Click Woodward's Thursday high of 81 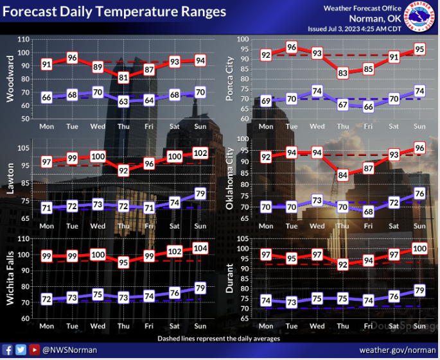coord(123,78)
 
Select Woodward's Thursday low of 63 coord(123,101)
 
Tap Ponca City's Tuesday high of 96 coord(292,47)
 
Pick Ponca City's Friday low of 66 coord(369,107)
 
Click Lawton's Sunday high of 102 coord(200,153)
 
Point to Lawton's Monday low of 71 coord(46,208)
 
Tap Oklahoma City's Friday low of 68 coord(369,211)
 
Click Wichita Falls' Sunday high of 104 coord(200,248)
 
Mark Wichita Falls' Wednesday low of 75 coord(98,295)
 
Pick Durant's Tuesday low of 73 coord(292,302)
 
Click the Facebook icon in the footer coord(8,350)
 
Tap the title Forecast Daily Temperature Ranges coord(115,12)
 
